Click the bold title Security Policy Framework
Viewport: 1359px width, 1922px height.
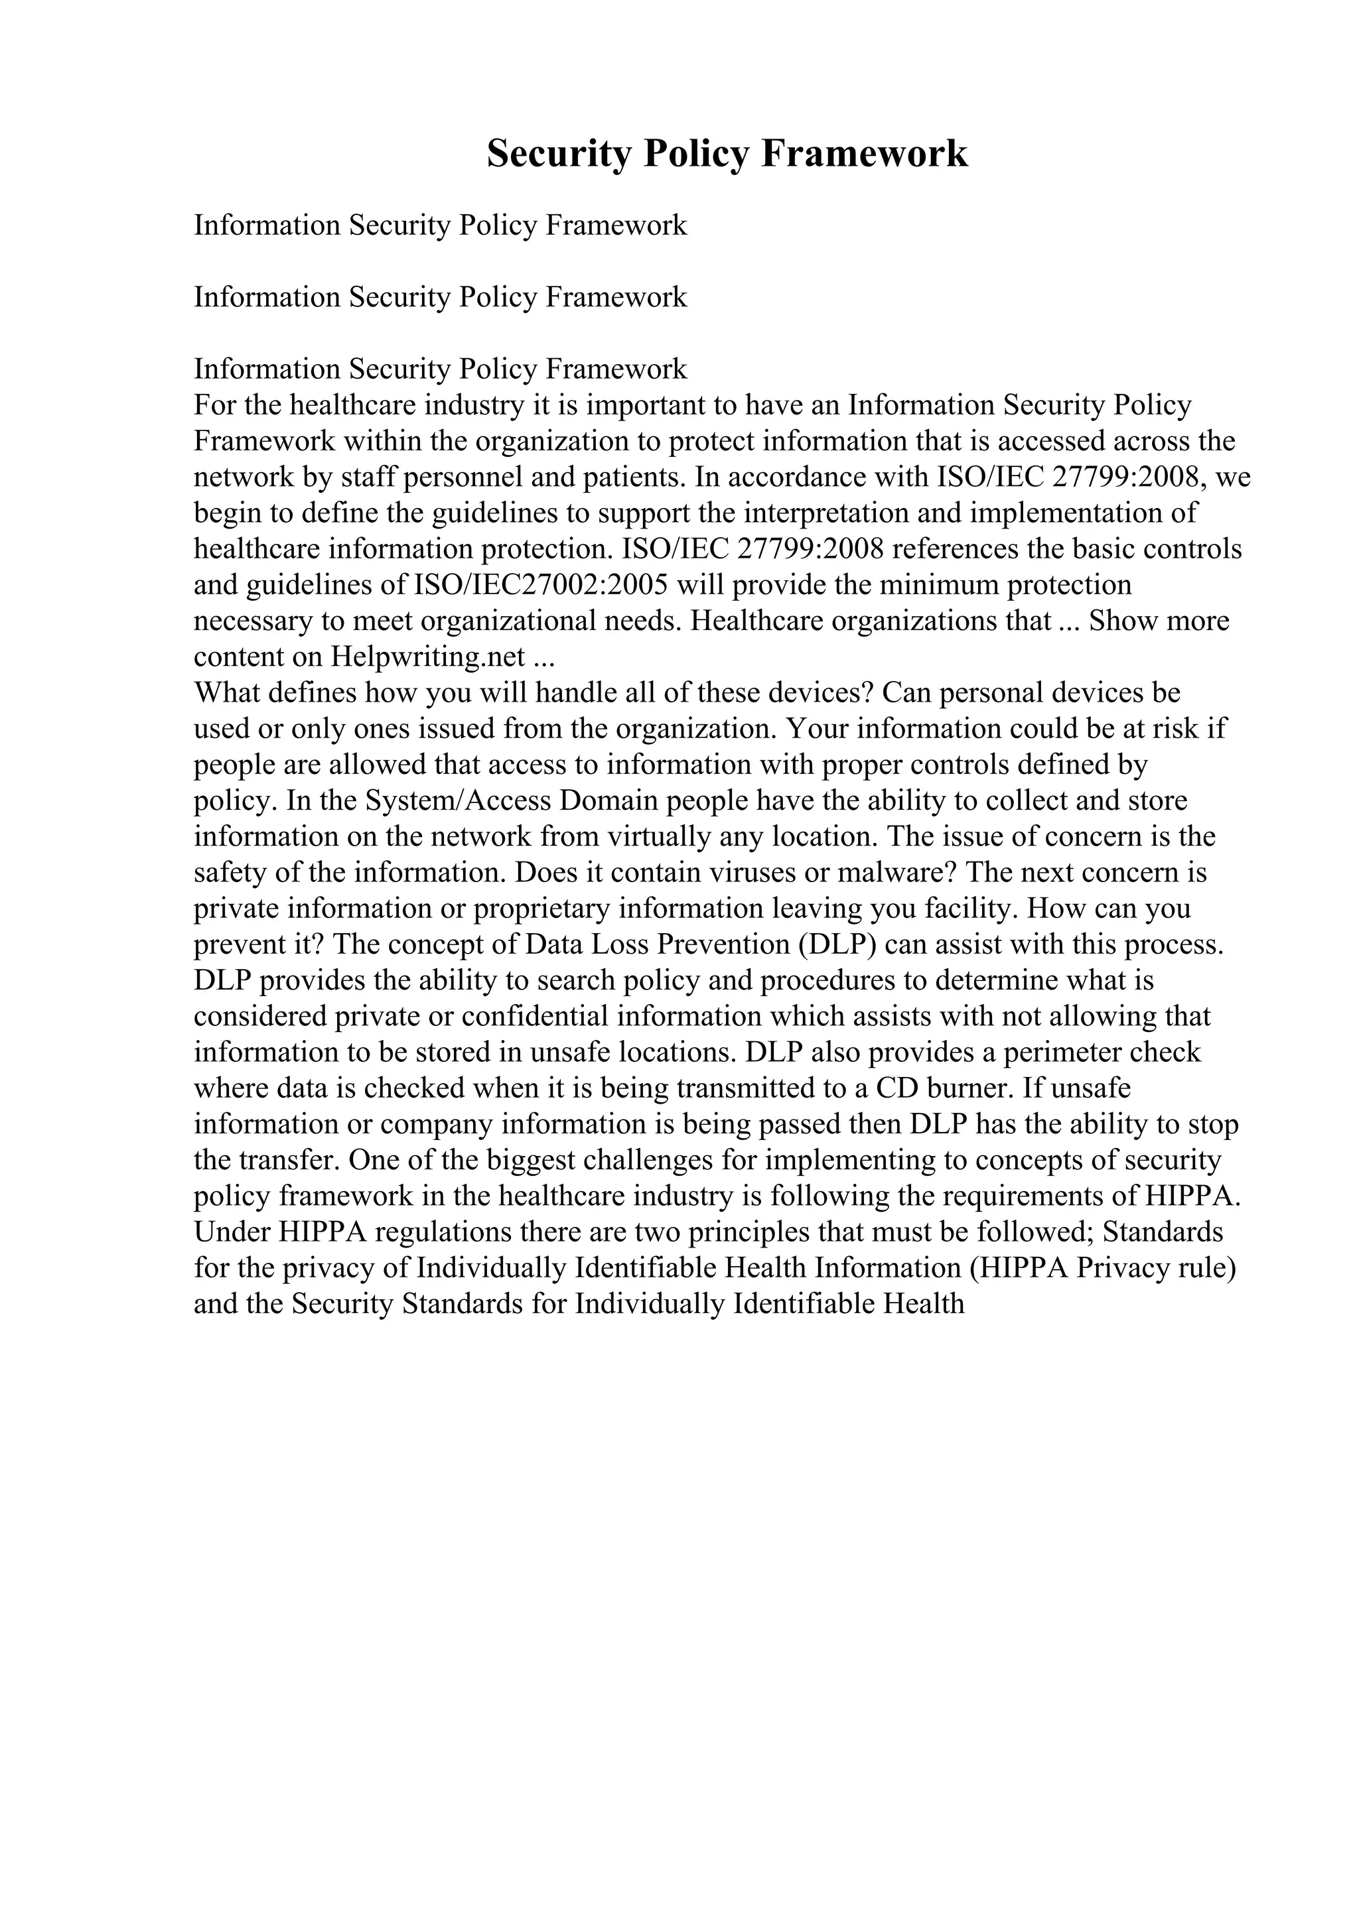727,154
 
